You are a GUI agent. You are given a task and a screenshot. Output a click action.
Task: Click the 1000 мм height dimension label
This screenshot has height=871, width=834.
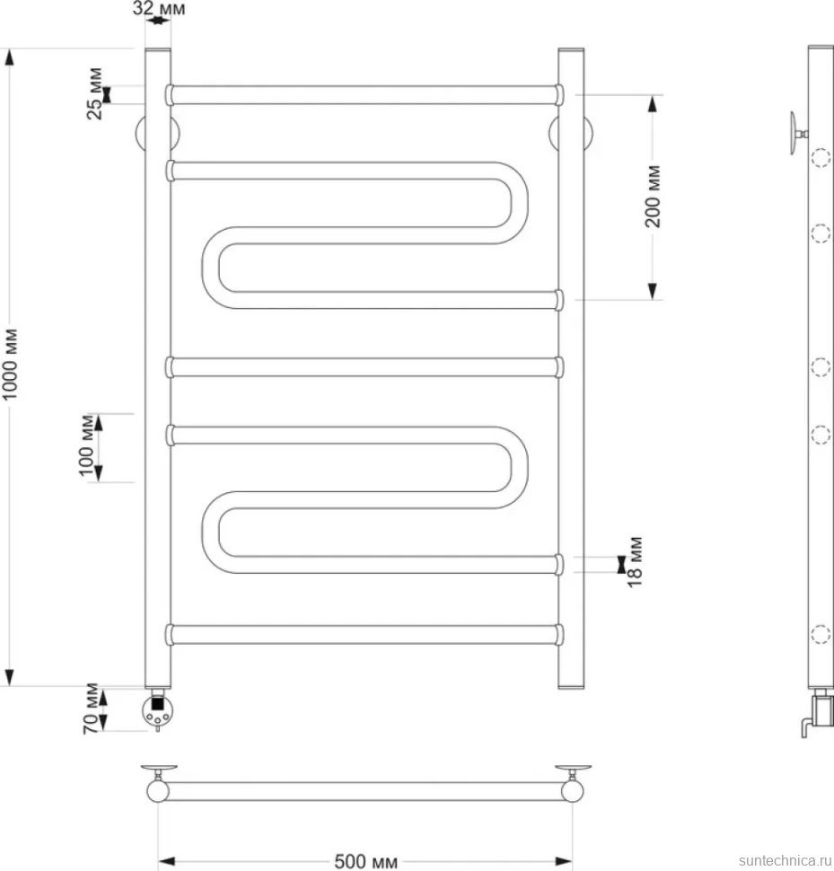coord(10,364)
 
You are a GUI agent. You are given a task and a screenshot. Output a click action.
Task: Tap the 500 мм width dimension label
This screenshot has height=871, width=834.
coord(366,861)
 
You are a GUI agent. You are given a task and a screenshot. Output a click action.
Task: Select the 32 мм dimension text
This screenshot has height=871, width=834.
coord(159,8)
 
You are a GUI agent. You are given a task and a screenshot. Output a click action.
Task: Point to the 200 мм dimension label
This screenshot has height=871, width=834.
coord(653,196)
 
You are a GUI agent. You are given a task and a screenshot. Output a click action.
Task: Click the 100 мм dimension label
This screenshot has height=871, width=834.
coord(86,445)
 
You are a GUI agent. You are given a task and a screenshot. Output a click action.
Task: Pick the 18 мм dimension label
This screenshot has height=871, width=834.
coord(635,561)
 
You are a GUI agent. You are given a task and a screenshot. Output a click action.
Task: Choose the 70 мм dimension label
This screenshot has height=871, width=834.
coord(91,708)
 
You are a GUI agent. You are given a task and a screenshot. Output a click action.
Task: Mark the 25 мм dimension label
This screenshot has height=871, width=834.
coord(94,93)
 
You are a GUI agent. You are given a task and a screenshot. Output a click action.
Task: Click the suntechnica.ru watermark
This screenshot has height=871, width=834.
coord(786,860)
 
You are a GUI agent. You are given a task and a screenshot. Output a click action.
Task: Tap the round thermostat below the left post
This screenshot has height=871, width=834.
coord(158,711)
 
